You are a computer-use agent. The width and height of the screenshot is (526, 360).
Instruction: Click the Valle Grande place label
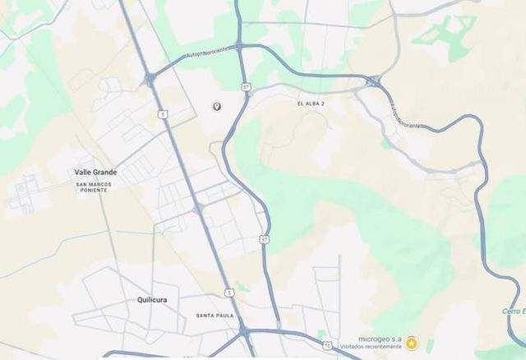click(95, 173)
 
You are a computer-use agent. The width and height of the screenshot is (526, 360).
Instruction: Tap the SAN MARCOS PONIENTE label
click(93, 187)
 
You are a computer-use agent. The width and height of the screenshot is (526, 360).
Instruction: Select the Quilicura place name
click(152, 300)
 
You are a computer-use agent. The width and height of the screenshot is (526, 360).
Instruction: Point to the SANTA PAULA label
click(215, 316)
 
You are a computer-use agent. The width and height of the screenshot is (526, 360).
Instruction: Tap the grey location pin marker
click(217, 107)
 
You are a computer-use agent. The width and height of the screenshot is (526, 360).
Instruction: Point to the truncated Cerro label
click(514, 311)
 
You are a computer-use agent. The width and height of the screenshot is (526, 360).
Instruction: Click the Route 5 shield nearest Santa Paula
click(228, 292)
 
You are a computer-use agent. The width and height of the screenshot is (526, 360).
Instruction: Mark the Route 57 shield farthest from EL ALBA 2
click(264, 238)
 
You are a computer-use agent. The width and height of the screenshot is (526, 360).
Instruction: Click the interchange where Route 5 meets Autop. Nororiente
click(150, 79)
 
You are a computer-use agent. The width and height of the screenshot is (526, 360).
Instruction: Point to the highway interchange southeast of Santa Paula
click(245, 331)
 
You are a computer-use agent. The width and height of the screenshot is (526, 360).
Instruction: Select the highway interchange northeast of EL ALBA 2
click(373, 81)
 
